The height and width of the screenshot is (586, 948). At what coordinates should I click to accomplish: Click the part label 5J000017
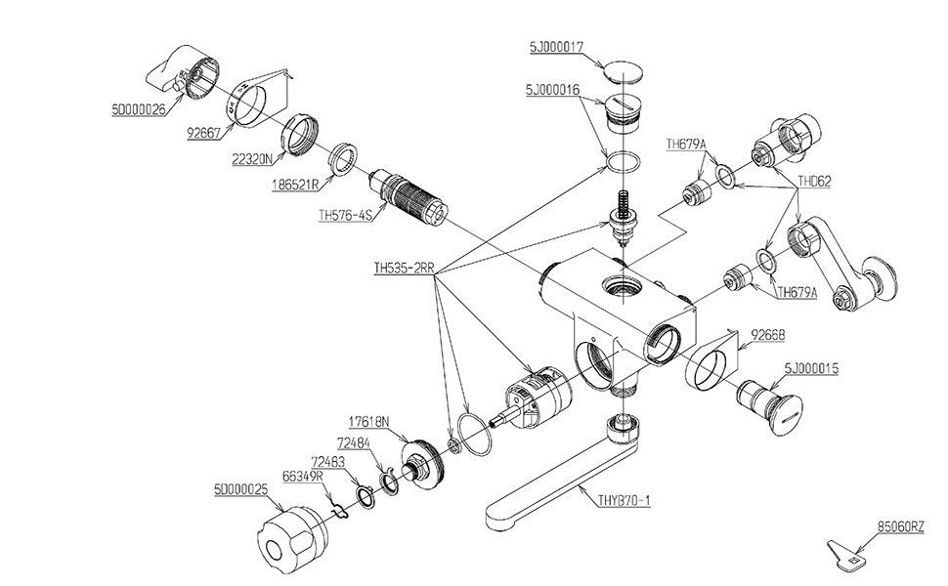(x=555, y=46)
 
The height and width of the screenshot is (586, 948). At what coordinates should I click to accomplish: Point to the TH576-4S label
(x=346, y=217)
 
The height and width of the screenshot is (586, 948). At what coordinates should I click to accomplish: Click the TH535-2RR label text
(x=403, y=267)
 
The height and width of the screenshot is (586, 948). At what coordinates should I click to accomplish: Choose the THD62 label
(x=813, y=182)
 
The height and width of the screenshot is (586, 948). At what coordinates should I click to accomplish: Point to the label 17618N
(x=369, y=422)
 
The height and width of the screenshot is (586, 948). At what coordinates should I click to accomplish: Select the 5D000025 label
(x=240, y=489)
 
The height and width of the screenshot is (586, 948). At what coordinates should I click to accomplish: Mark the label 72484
(x=362, y=443)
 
